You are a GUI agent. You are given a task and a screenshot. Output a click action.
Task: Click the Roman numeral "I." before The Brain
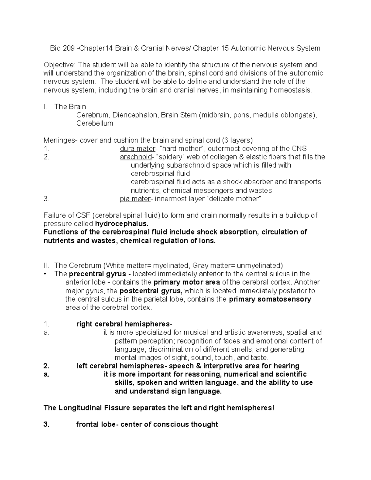point(46,107)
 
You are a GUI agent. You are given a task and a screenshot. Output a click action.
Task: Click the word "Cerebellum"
point(95,124)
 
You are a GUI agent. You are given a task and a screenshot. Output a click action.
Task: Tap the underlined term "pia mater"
point(134,199)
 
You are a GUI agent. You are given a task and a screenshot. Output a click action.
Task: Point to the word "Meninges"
point(59,140)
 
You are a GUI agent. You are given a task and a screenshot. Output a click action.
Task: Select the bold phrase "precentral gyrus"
point(97,274)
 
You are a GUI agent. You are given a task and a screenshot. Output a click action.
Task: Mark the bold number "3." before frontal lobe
point(46,424)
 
